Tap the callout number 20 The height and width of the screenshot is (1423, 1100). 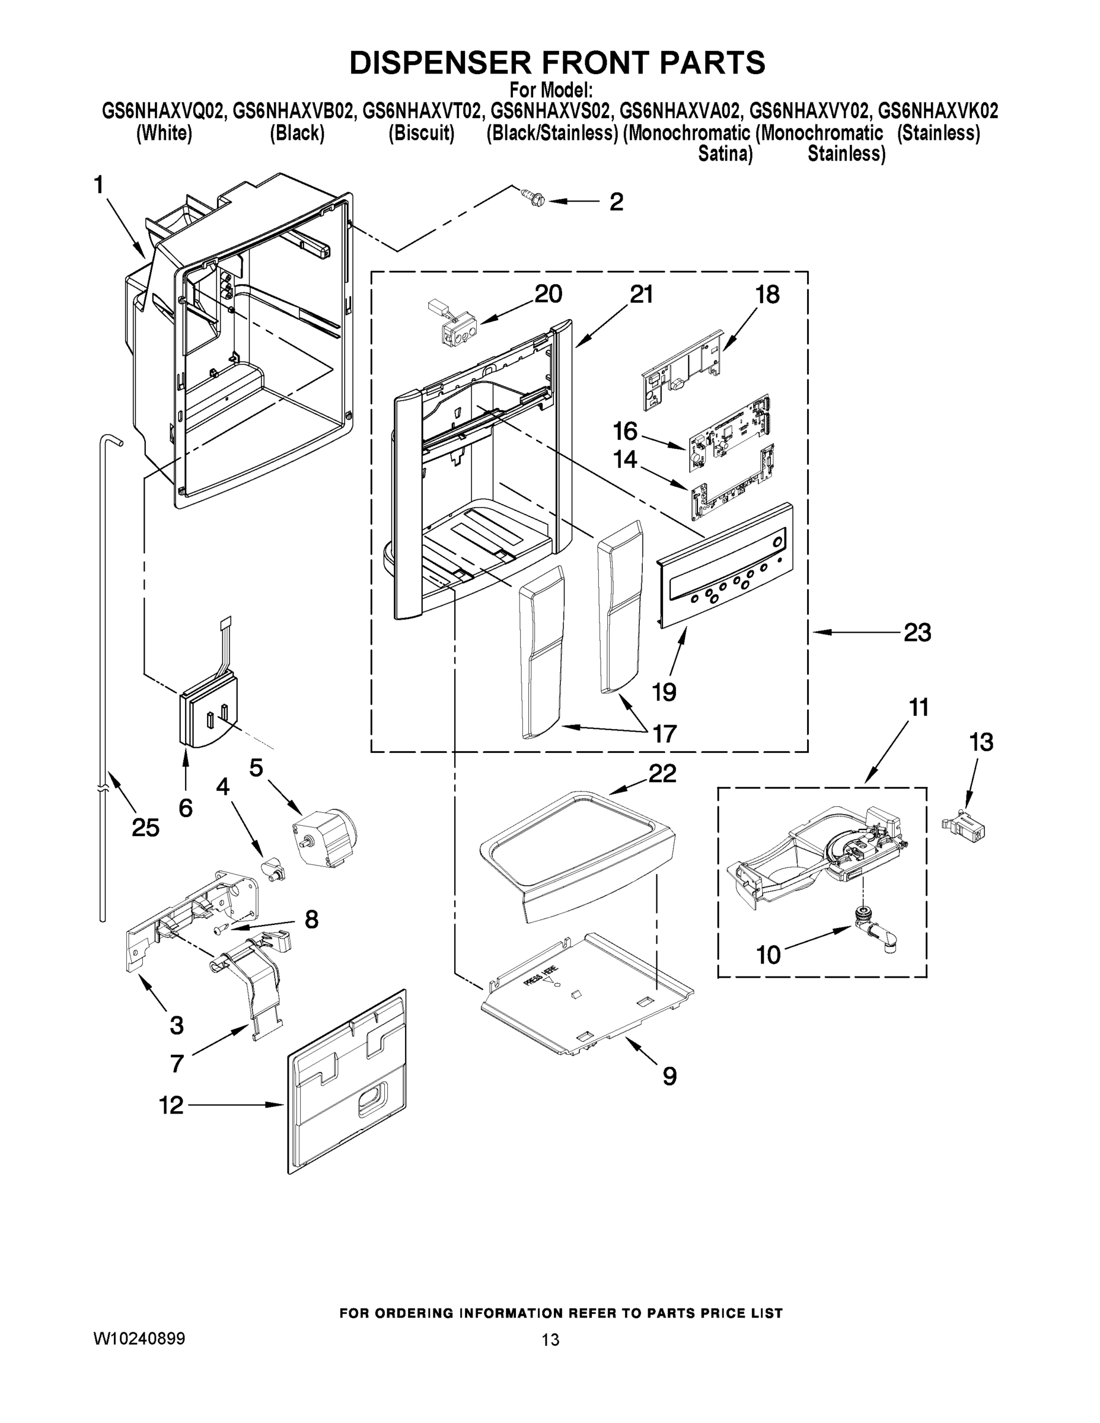548,294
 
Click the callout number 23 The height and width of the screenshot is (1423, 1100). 917,632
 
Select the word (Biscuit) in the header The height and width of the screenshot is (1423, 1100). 421,133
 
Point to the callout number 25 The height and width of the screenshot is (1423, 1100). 145,828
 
